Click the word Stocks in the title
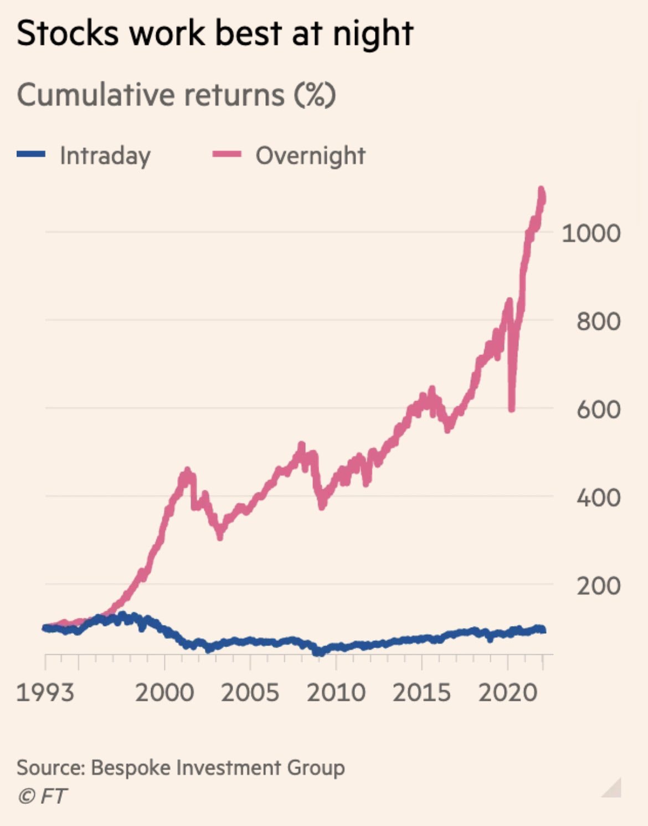68,33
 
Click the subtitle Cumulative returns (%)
176,95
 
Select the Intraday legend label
105,156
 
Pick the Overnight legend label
310,156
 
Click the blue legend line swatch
31,155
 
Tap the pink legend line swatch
227,155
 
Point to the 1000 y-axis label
591,233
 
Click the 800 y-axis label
598,321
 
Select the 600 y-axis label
598,410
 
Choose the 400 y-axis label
598,498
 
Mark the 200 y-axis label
598,586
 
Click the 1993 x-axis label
45,692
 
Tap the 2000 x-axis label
164,692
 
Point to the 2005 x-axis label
250,692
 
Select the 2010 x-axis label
336,692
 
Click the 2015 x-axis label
422,692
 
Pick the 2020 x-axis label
508,692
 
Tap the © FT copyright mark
42,796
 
